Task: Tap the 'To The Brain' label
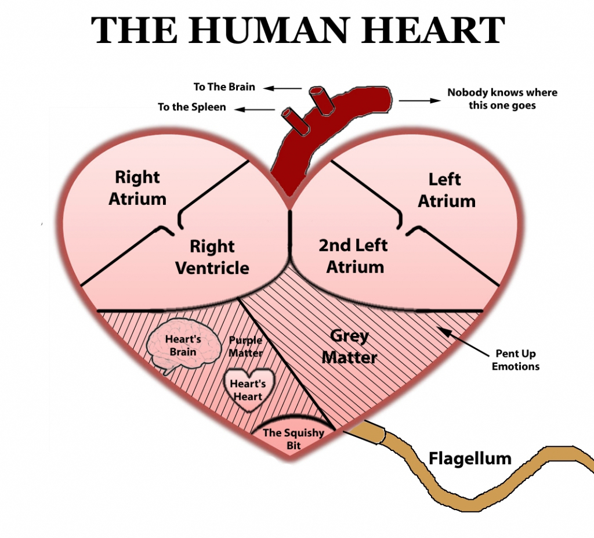click(224, 87)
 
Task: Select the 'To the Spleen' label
click(192, 107)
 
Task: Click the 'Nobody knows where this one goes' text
click(502, 99)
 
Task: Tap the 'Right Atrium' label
click(137, 188)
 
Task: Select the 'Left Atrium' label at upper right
click(446, 190)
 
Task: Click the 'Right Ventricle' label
click(212, 257)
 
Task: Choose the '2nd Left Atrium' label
click(354, 255)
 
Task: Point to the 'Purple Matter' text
click(245, 346)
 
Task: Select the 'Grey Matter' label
click(349, 346)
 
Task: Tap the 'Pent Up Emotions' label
click(515, 360)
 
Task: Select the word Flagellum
click(470, 458)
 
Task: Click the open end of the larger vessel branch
click(317, 92)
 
